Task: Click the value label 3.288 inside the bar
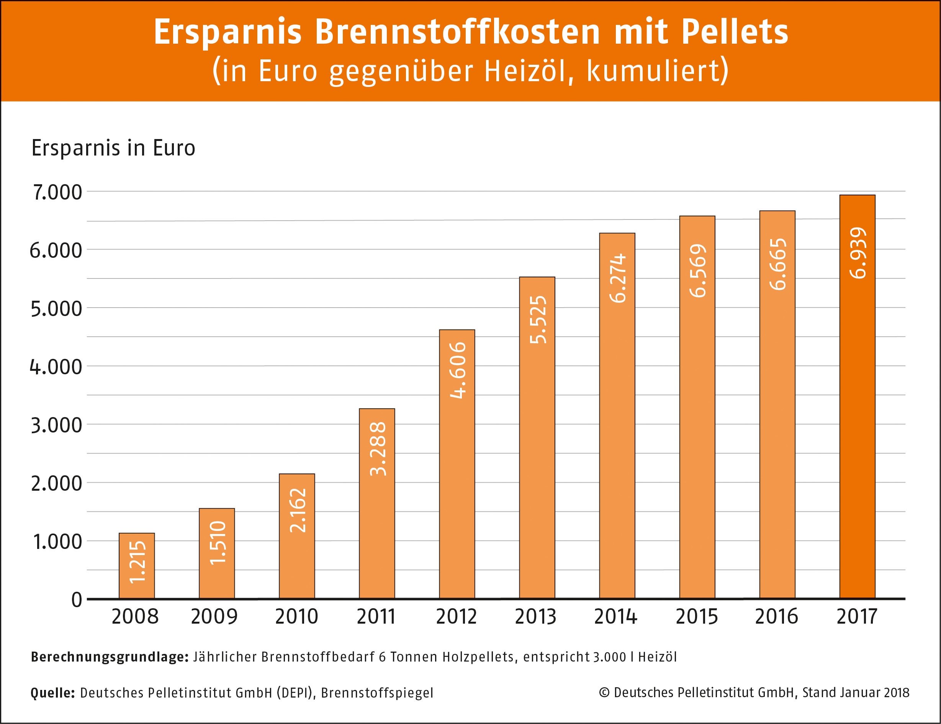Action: (x=378, y=449)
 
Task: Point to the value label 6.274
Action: (x=617, y=278)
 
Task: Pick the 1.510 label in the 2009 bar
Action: (x=217, y=542)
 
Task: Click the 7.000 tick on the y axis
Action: (x=57, y=192)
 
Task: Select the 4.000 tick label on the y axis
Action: (x=56, y=367)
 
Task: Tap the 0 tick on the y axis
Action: (x=77, y=600)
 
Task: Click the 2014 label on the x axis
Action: (x=615, y=617)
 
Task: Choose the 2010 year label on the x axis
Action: (x=296, y=617)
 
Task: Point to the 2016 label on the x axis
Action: (x=776, y=617)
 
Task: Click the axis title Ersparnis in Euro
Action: (x=113, y=148)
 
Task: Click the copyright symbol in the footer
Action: (x=604, y=693)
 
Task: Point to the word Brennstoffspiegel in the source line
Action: (x=377, y=693)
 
